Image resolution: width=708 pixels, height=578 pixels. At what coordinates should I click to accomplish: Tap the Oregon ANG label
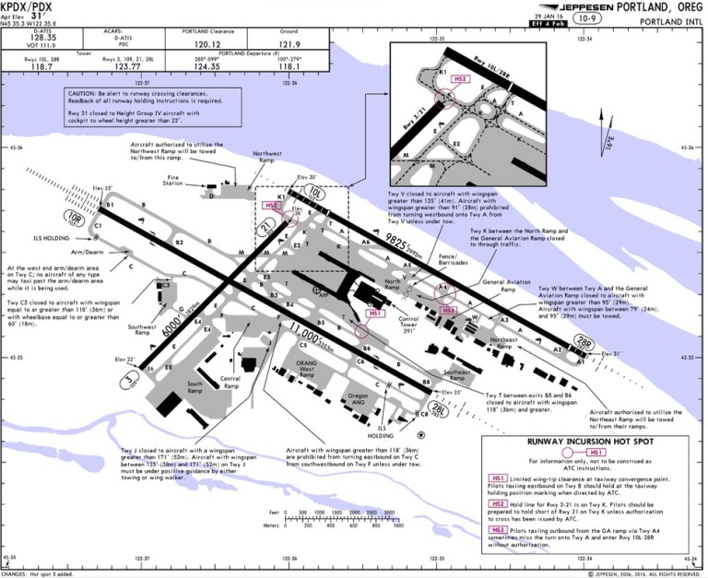[x=332, y=398]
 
